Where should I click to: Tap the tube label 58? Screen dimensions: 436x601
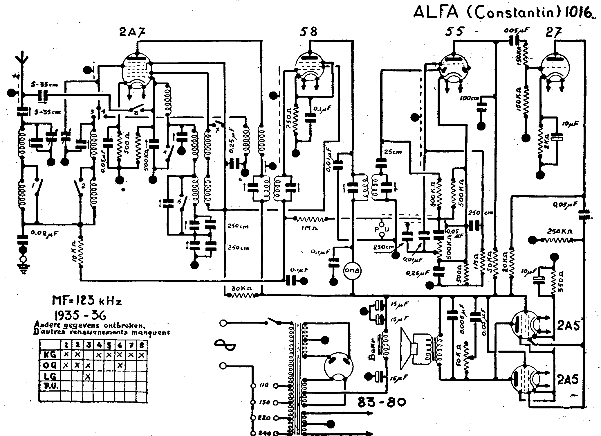point(308,31)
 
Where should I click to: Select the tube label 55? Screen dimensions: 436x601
point(455,31)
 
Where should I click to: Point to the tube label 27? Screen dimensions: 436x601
point(553,31)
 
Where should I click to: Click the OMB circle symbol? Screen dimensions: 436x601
point(352,271)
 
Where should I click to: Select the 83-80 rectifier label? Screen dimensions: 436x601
point(381,403)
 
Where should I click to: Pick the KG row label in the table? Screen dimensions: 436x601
point(49,355)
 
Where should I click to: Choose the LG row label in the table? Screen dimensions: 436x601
point(49,377)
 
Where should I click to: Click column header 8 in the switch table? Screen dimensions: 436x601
point(142,345)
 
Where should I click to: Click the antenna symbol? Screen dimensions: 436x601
point(21,62)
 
